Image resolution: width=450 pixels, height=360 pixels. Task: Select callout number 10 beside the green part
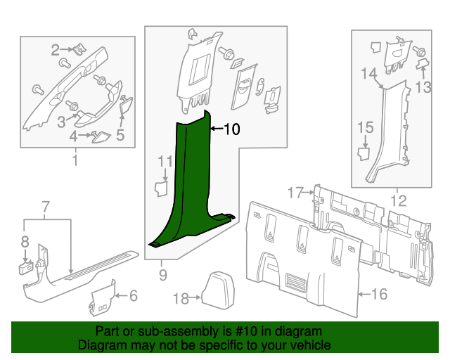pos(232,129)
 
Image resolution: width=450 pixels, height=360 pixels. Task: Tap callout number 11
pos(166,162)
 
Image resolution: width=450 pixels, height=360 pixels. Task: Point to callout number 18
pos(181,299)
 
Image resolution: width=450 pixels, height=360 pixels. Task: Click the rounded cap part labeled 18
pos(219,288)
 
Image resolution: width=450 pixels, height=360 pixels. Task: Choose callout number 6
pos(134,296)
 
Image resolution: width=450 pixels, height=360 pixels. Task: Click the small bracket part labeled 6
pos(103,298)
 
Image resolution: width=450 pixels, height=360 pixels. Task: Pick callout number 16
pos(380,294)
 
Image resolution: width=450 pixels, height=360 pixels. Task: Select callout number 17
pos(295,193)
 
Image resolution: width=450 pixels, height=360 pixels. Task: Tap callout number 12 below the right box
pos(399,200)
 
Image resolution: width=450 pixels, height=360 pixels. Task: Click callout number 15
pos(366,127)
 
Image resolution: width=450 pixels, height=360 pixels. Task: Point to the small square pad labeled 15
pos(364,153)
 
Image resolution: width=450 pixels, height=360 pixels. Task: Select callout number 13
pos(423,87)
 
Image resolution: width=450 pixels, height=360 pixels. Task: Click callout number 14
pos(369,74)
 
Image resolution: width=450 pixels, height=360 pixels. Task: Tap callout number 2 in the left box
pos(56,50)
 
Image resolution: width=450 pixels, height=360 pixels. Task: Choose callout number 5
pos(120,135)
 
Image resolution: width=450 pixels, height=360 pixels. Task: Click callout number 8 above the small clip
pos(25,242)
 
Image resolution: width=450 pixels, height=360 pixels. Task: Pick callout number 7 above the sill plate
pos(46,207)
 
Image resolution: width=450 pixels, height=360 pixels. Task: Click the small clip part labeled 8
pos(26,268)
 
